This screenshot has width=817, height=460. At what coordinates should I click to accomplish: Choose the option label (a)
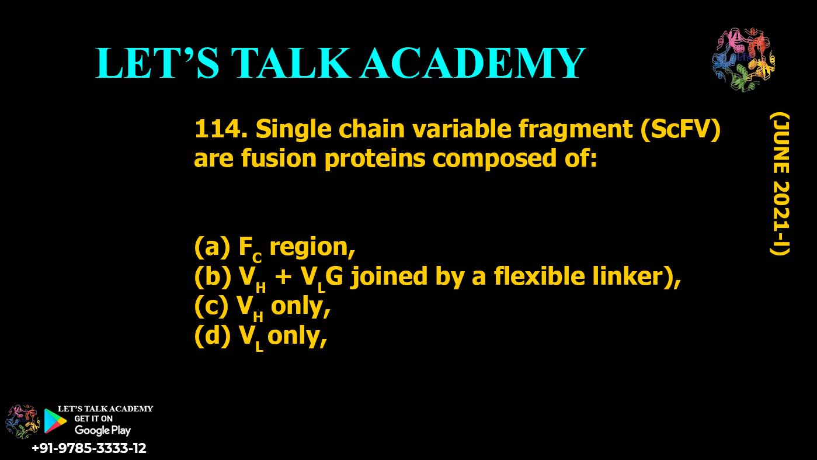point(211,248)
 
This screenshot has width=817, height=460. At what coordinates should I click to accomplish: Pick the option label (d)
point(212,336)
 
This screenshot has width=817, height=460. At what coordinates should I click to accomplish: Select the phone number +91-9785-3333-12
point(89,449)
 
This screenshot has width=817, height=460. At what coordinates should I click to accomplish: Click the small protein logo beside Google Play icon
point(21,421)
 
